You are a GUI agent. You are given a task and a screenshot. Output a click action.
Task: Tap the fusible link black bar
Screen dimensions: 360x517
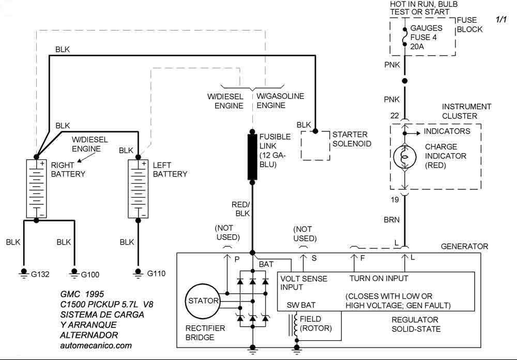pos(252,157)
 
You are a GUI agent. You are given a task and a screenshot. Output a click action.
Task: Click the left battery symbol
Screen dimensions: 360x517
pos(138,188)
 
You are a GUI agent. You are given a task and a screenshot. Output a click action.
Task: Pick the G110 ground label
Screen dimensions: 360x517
pos(156,273)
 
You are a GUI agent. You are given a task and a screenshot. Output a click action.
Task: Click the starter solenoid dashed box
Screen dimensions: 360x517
pos(315,146)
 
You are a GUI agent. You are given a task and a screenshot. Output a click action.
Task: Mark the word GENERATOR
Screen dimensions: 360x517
pos(464,247)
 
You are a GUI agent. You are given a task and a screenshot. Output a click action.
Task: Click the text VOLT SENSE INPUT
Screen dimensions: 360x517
pos(303,283)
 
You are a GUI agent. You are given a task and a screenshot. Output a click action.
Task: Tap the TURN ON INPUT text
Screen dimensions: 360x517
pos(379,278)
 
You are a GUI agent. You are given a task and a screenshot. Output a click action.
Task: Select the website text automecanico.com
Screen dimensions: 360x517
pos(96,345)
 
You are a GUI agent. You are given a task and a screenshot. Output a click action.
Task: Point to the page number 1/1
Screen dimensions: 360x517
pos(501,20)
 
